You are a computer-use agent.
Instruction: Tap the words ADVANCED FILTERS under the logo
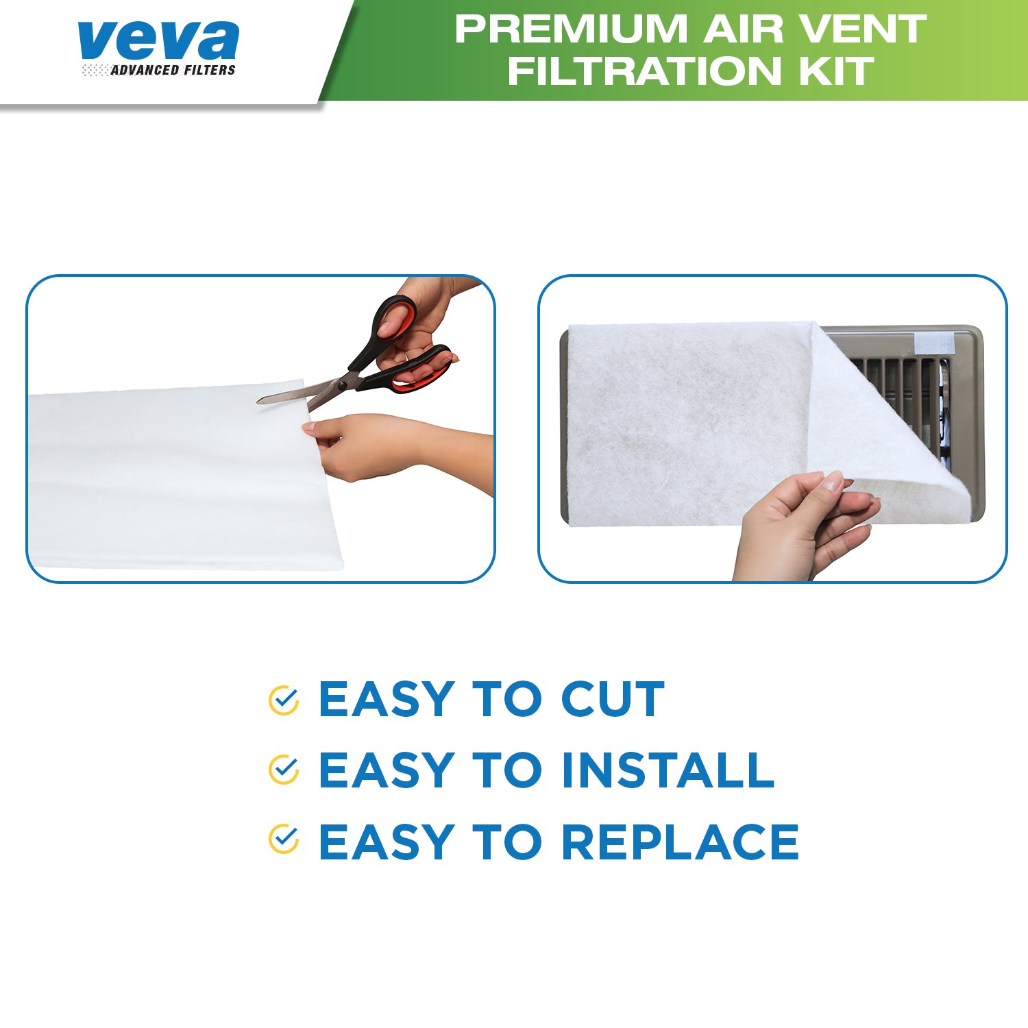[x=173, y=70]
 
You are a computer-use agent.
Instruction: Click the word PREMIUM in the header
[x=570, y=29]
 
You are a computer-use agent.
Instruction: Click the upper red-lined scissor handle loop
[x=395, y=319]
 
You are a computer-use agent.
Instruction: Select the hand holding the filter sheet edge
[x=363, y=445]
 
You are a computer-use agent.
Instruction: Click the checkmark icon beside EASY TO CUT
[x=283, y=700]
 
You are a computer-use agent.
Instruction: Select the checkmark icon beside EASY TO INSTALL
[x=283, y=770]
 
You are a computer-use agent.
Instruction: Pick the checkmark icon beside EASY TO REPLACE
[x=283, y=840]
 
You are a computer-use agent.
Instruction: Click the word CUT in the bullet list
[x=613, y=700]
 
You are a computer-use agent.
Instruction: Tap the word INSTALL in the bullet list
[x=668, y=770]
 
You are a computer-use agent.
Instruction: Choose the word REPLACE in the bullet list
[x=680, y=842]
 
